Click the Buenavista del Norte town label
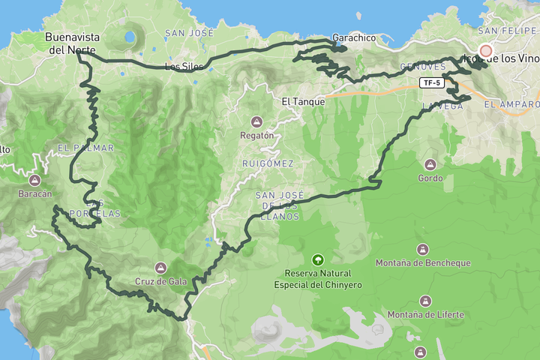tap(65, 43)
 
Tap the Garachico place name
tap(354, 37)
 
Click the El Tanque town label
tap(303, 100)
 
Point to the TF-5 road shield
tap(430, 83)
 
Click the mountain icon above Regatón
tap(257, 121)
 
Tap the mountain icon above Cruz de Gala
tap(160, 268)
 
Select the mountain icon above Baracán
tap(34, 180)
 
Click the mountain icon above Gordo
tap(430, 164)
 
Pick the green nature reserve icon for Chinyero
tap(318, 259)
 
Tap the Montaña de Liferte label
tap(426, 314)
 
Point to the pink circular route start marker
tap(486, 51)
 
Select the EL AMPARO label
tap(511, 104)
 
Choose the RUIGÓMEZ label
tap(268, 163)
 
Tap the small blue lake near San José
tap(130, 36)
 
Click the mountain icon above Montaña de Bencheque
tap(423, 249)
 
